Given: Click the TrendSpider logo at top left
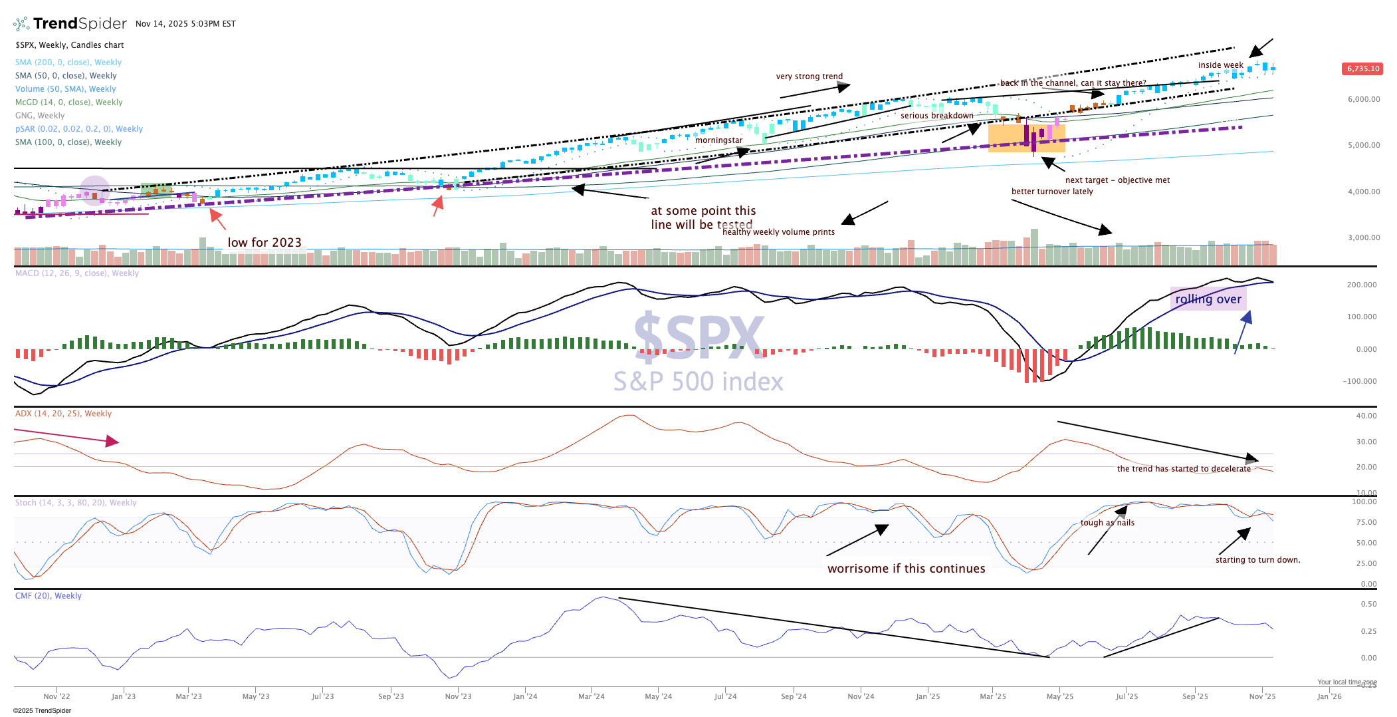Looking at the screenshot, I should [x=70, y=24].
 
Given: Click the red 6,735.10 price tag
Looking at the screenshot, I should [x=1363, y=69].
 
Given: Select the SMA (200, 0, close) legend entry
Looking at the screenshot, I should [x=68, y=63].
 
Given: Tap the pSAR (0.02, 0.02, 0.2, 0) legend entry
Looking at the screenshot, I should [x=79, y=129].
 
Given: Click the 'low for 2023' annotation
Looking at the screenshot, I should [x=265, y=243].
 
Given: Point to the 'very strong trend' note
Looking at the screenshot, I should [x=809, y=76].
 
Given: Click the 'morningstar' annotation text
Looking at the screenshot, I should [x=718, y=140].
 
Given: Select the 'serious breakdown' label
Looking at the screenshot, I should [x=936, y=116].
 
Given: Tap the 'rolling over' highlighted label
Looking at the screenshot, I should [x=1208, y=299].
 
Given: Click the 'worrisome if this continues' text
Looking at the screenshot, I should [x=906, y=569].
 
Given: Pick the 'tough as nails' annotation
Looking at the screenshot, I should [x=1107, y=523].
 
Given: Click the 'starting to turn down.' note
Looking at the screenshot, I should [x=1257, y=560].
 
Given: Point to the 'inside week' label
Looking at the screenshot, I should [x=1220, y=65].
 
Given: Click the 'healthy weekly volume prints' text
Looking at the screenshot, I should [x=778, y=232].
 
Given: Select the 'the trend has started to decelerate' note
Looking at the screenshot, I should [x=1184, y=469].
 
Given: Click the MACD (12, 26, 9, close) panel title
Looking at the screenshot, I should [x=77, y=273].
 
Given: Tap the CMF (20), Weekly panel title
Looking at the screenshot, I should [x=49, y=596].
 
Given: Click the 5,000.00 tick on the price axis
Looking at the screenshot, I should [x=1364, y=145].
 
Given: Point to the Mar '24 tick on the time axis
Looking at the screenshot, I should [x=591, y=696].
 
